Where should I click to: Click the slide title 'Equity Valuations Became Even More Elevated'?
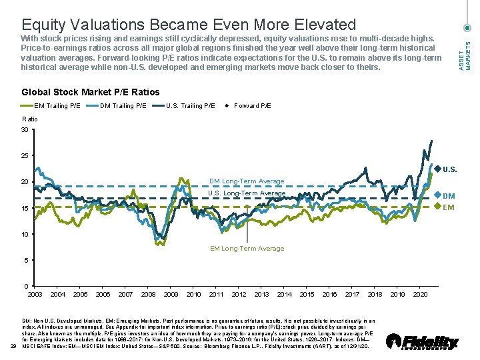(x=189, y=25)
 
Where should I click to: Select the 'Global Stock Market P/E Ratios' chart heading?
(x=91, y=92)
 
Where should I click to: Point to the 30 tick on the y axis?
(x=25, y=129)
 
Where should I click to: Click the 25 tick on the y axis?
(x=25, y=156)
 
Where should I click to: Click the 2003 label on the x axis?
(x=35, y=294)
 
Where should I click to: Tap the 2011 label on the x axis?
(x=216, y=294)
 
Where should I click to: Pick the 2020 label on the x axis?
(x=420, y=294)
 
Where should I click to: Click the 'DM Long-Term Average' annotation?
(x=247, y=181)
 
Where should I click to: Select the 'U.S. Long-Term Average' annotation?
(x=247, y=193)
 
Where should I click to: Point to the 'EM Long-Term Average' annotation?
(x=247, y=249)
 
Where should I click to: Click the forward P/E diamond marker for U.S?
(x=437, y=169)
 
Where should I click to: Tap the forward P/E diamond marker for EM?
(x=437, y=206)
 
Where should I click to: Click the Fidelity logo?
(x=423, y=342)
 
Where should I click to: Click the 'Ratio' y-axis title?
(x=30, y=119)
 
